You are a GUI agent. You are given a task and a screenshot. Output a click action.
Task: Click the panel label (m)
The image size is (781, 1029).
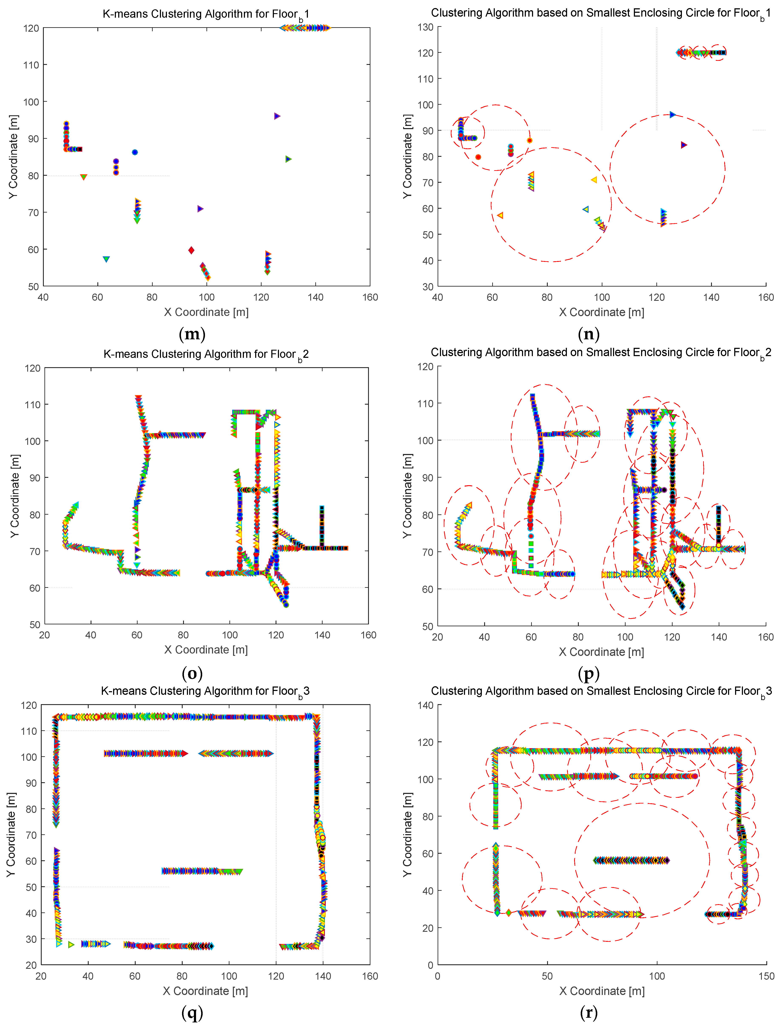(x=192, y=334)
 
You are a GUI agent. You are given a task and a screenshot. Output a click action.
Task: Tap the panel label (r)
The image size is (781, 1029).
(x=589, y=1012)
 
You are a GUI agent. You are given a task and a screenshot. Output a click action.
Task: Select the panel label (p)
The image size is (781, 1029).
(x=589, y=673)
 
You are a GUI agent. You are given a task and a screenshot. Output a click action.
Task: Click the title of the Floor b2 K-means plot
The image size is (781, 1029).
(x=206, y=354)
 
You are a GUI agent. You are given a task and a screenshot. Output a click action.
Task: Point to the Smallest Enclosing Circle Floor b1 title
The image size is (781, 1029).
(x=601, y=13)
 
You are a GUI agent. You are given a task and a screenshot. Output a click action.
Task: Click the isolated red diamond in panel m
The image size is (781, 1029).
(x=191, y=250)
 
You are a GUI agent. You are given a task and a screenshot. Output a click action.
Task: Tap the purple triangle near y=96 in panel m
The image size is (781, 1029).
(x=277, y=116)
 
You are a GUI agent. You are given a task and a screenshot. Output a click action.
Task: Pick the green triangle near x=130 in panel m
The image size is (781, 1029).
(x=288, y=159)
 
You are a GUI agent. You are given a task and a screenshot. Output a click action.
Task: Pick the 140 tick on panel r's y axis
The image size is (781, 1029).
(x=425, y=705)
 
